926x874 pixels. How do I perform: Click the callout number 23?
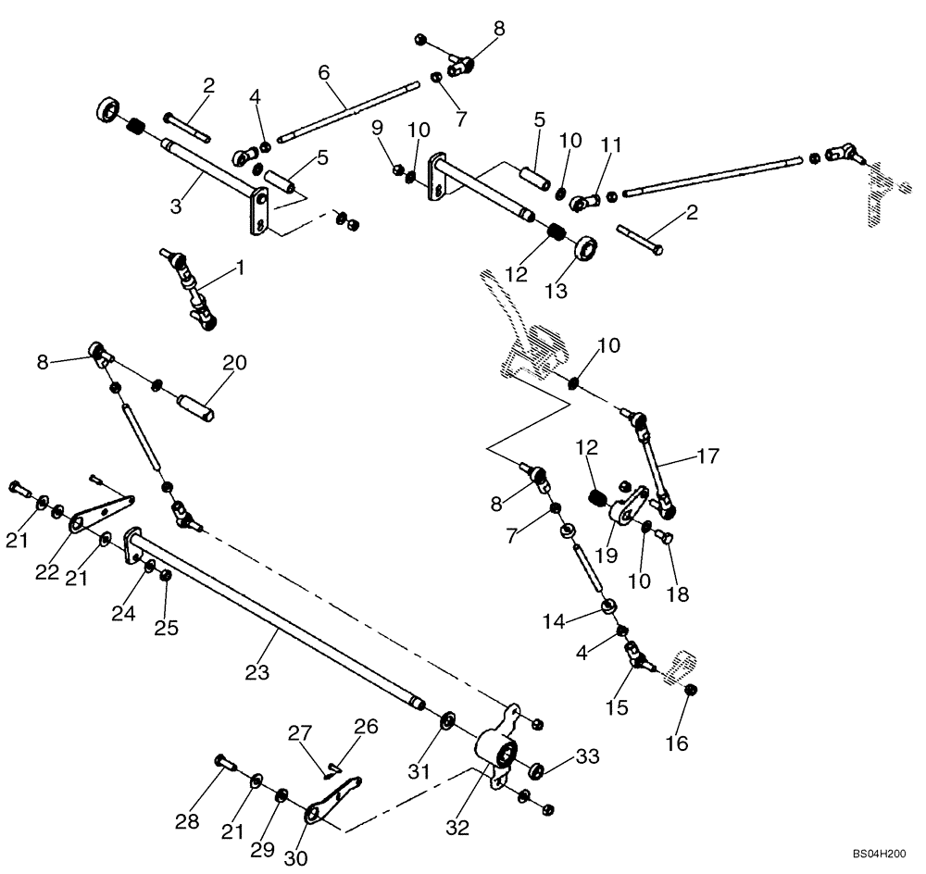coord(257,672)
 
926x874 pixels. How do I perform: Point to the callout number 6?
coord(323,72)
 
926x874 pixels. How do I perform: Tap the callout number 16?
coord(677,743)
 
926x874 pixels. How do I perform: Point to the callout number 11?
coord(610,144)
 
